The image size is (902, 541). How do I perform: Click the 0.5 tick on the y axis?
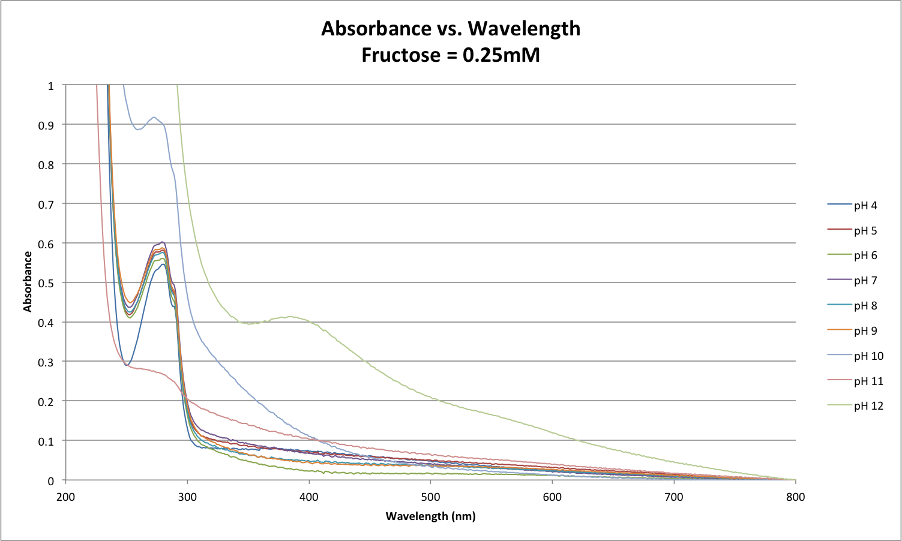tap(47, 283)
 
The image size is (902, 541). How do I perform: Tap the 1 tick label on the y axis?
tap(51, 86)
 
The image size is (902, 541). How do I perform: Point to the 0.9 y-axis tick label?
tap(47, 125)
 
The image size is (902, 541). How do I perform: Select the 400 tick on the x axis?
tap(309, 497)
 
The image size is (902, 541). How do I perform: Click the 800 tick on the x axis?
tap(795, 497)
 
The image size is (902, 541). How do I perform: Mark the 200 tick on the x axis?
tap(65, 497)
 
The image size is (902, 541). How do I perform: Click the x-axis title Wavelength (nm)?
tap(430, 516)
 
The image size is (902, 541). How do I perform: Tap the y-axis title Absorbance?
tap(28, 282)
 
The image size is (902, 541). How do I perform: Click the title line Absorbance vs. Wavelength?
tap(451, 28)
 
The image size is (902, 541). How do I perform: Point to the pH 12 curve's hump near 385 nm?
tap(290, 317)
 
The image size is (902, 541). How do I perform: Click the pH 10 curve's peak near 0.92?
tap(154, 118)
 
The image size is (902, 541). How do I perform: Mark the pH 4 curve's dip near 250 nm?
tap(127, 365)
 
